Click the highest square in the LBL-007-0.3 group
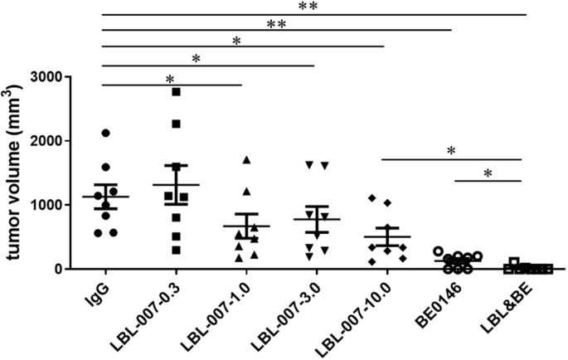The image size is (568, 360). pyautogui.click(x=176, y=91)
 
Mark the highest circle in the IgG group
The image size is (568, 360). pyautogui.click(x=105, y=133)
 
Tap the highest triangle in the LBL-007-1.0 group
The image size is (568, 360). pyautogui.click(x=246, y=159)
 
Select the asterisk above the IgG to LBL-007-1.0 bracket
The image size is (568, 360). pyautogui.click(x=170, y=79)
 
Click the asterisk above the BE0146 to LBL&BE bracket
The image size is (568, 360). pyautogui.click(x=487, y=174)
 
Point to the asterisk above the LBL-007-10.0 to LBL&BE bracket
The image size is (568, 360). pyautogui.click(x=451, y=151)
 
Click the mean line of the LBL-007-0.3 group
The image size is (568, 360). pyautogui.click(x=176, y=185)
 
